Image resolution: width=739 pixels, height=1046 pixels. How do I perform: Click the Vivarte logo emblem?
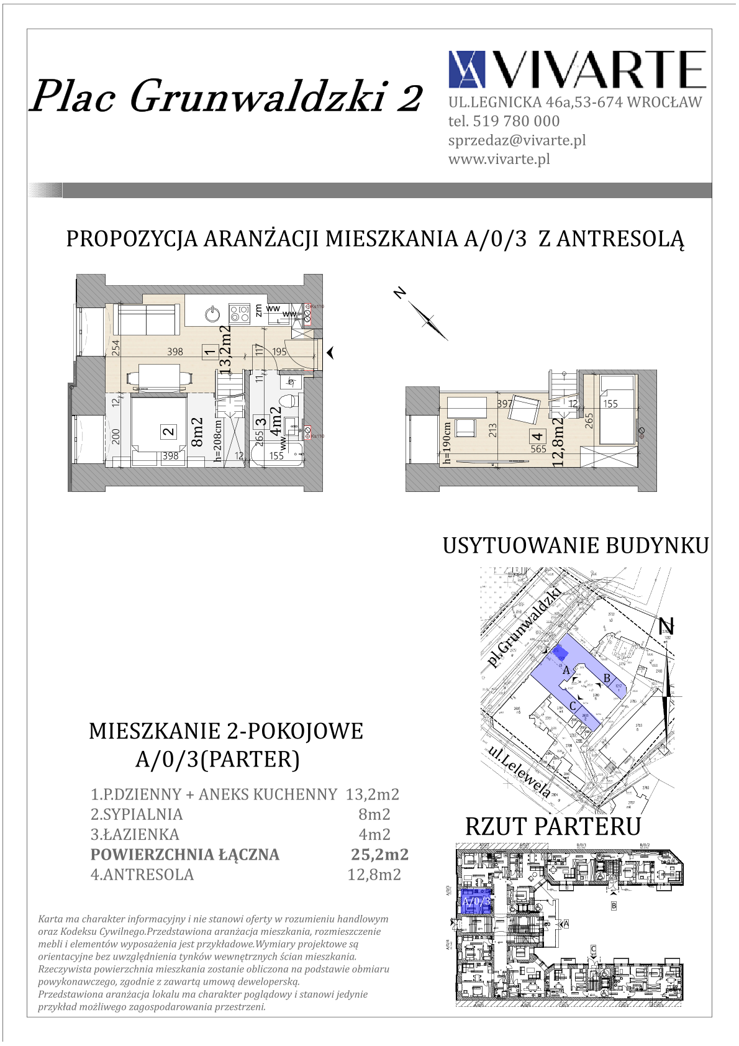pos(466,69)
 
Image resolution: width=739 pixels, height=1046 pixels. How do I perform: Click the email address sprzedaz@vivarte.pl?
pos(517,140)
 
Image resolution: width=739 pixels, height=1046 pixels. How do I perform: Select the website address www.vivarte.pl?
pos(499,159)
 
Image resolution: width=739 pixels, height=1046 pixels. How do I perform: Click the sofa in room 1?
pos(146,319)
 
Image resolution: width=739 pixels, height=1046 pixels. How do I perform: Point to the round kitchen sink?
pos(213,313)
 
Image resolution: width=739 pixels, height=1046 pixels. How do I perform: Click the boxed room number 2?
pos(168,431)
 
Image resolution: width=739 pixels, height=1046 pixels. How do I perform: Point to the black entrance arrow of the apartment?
pos(331,353)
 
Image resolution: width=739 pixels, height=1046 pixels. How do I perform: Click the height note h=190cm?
pos(446,443)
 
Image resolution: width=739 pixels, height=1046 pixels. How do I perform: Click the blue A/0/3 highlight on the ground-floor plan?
pos(476,901)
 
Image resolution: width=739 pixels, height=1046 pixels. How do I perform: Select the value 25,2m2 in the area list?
pos(379,855)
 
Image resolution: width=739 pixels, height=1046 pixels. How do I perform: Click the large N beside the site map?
pos(666,627)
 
